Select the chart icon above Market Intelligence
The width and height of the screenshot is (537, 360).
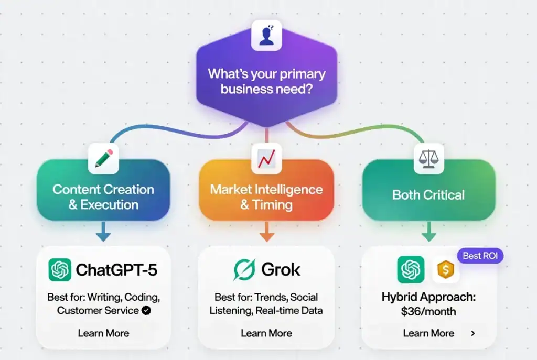point(266,158)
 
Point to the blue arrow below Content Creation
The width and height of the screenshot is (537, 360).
point(103,232)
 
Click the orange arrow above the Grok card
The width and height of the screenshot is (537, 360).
point(266,232)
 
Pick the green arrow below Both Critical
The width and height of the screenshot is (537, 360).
point(428,232)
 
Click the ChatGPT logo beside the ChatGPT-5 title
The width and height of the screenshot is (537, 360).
point(60,270)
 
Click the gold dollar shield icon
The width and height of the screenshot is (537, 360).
point(446,270)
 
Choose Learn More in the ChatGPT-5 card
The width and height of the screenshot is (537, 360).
point(103,333)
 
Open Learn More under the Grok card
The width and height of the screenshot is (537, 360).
point(266,333)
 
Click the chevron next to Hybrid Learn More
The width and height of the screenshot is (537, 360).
point(473,333)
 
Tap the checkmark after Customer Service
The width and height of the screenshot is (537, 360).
point(147,310)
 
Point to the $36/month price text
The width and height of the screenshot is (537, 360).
point(428,311)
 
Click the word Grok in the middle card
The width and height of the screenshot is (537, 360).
point(281,270)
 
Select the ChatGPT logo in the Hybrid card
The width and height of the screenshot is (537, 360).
point(411,270)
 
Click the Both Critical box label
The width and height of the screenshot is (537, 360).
point(428,195)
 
